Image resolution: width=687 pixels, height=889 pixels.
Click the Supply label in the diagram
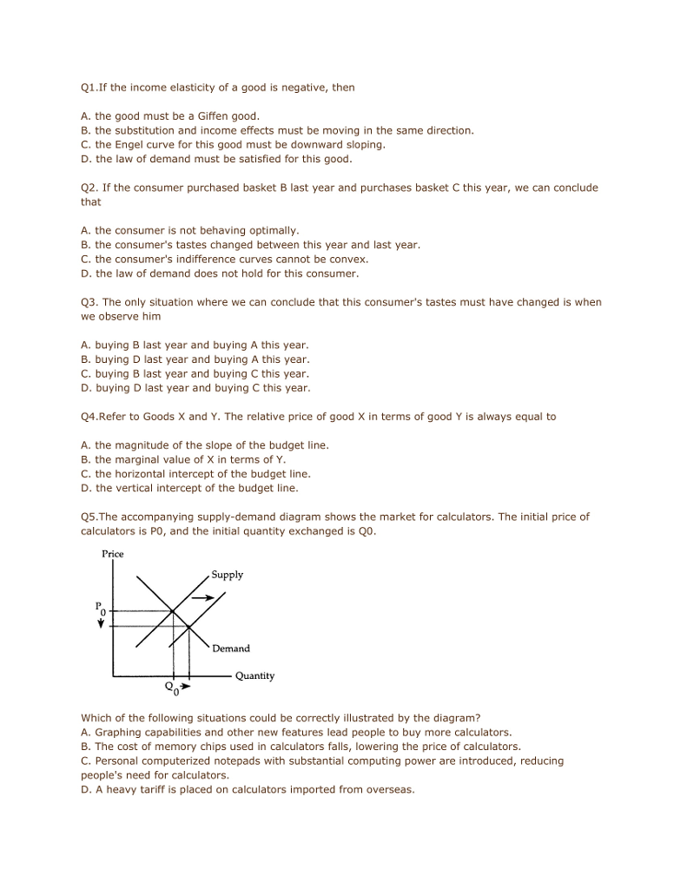228,575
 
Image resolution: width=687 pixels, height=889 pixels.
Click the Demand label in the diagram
231,649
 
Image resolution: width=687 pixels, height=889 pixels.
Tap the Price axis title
113,554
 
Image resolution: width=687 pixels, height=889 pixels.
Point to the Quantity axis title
254,675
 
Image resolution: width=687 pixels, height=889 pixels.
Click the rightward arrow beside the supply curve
203,598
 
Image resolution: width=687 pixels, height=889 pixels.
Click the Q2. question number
89,188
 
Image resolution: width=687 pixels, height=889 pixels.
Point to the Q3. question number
89,302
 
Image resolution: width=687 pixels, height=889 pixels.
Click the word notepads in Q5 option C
230,761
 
